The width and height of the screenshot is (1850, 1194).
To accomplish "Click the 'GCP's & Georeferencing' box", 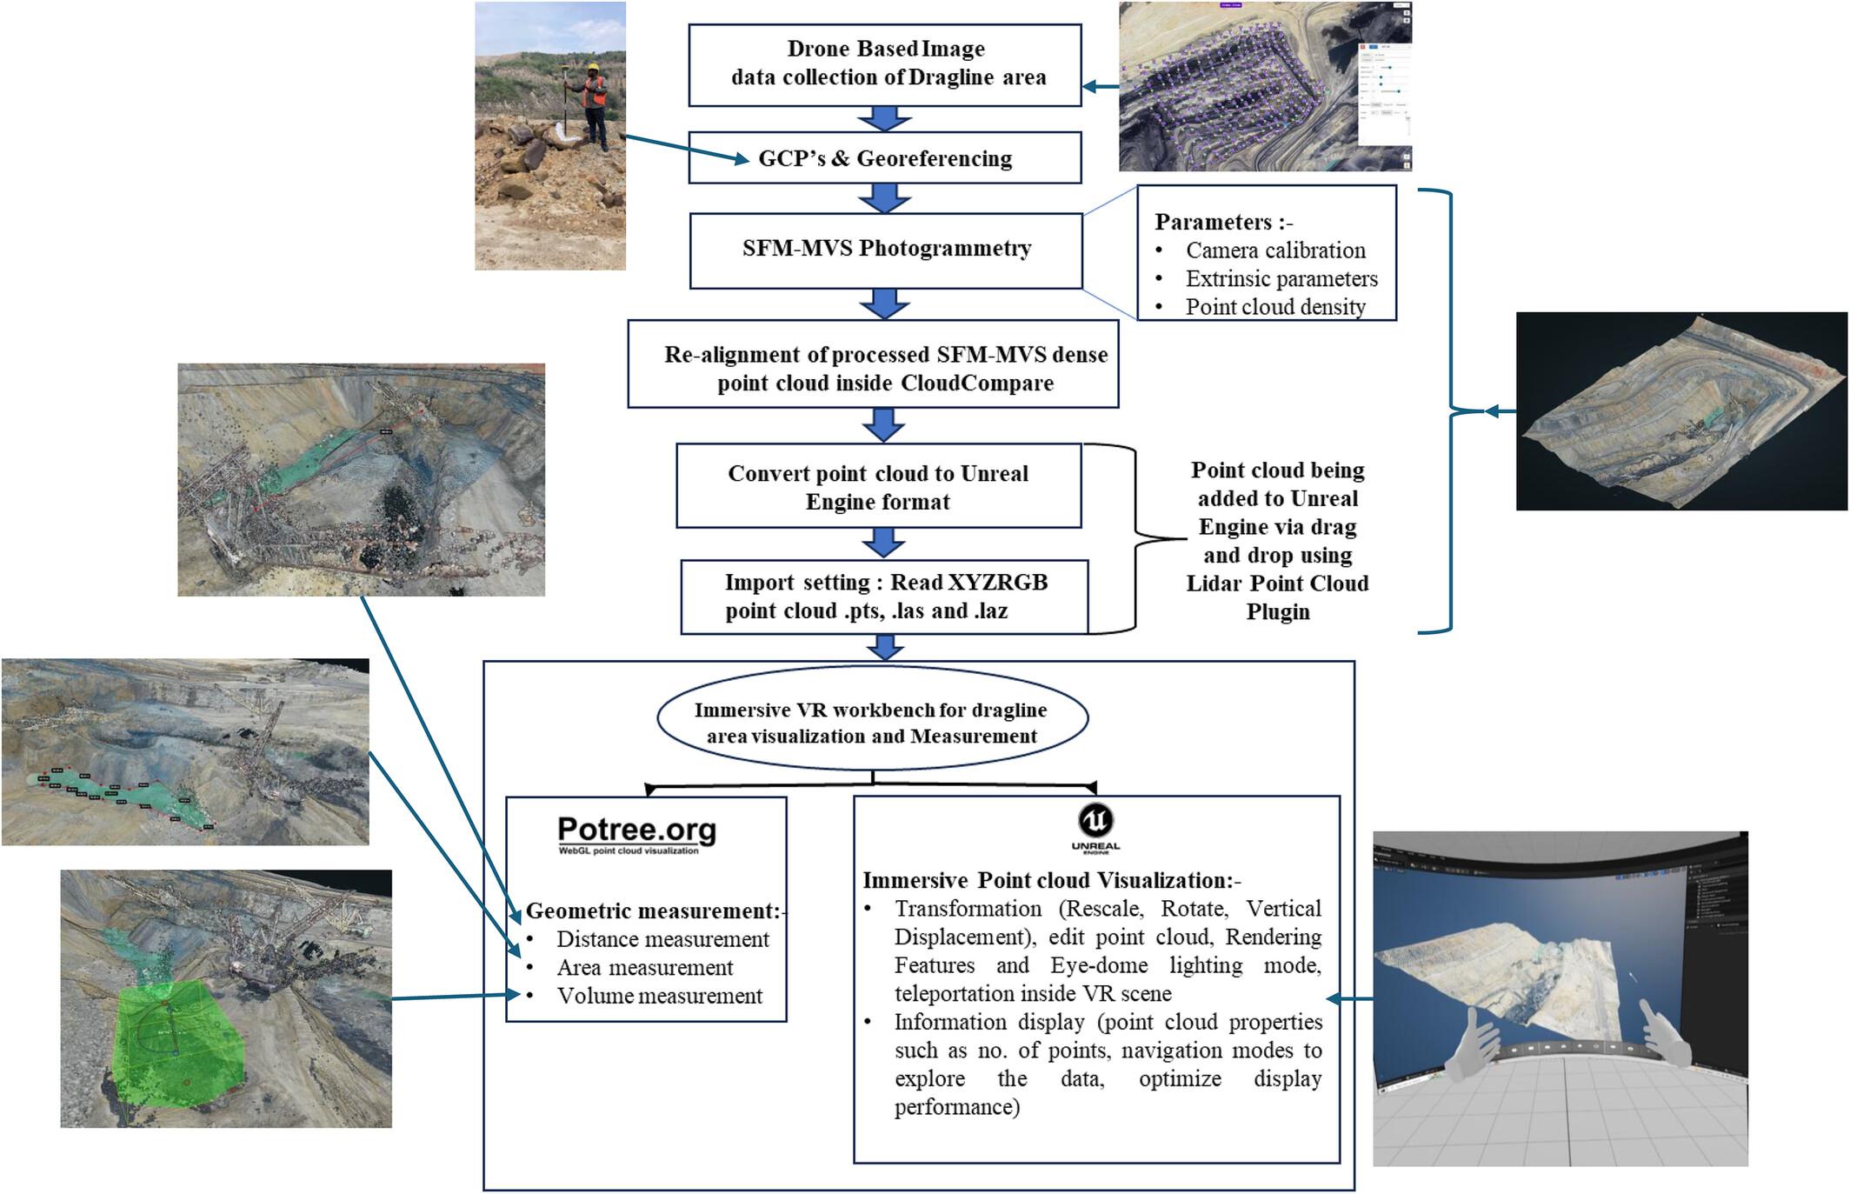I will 885,158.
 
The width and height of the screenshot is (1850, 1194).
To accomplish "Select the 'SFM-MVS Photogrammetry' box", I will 886,249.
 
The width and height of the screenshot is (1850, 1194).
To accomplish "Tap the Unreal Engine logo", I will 1095,821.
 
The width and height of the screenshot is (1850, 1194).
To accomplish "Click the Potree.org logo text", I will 636,831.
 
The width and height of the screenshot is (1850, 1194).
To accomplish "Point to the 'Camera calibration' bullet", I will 1274,250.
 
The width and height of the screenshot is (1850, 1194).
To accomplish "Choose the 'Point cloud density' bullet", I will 1274,307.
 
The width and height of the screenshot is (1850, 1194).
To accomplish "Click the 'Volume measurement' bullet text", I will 659,996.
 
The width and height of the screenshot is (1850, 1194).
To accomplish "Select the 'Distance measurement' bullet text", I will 662,939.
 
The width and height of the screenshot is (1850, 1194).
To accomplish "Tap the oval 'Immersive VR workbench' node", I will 872,723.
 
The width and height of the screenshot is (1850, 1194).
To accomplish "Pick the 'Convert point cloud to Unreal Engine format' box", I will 878,487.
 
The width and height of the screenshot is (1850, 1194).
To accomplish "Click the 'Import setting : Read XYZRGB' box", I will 884,597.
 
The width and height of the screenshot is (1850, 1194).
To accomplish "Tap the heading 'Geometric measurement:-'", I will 653,911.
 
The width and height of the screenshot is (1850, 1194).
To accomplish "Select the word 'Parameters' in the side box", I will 1212,222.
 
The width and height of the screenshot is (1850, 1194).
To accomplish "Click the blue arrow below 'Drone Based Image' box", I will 884,118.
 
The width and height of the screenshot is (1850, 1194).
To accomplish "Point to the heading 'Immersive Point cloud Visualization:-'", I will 1051,880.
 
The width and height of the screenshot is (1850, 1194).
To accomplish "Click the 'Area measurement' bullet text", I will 644,967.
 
